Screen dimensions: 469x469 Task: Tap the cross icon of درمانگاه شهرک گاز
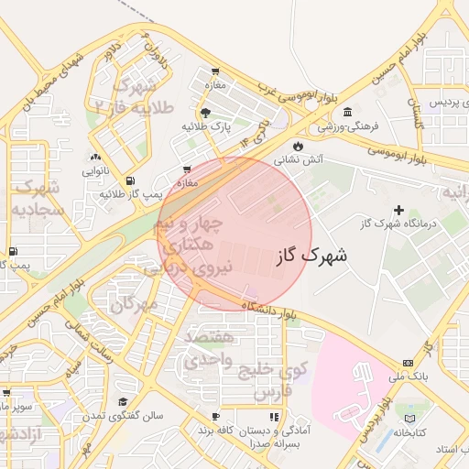(398, 210)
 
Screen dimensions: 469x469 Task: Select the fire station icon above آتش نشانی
(297, 146)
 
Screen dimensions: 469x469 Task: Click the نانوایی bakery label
(95, 171)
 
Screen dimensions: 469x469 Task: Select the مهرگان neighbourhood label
(135, 303)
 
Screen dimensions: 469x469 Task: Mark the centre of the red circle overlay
(234, 234)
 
